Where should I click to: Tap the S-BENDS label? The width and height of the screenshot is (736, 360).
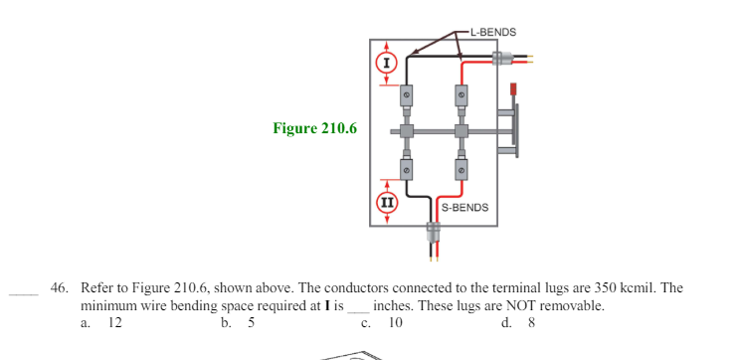click(464, 208)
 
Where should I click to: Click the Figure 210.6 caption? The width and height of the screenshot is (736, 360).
click(314, 128)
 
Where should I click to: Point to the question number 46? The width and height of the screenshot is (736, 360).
click(60, 288)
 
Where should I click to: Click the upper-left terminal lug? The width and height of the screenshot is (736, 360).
click(407, 95)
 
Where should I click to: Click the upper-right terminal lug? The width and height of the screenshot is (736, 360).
click(460, 95)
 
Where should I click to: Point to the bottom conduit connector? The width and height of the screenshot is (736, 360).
click(432, 233)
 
